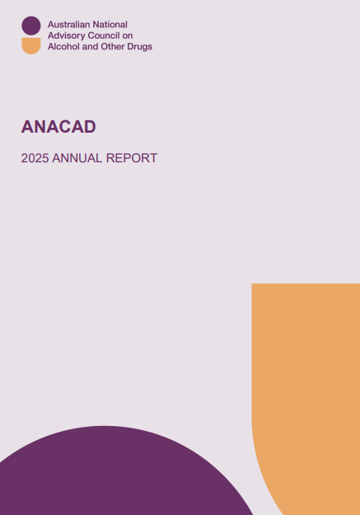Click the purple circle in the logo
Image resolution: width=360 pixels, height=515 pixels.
pos(30,26)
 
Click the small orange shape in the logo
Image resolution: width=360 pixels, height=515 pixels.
pos(30,45)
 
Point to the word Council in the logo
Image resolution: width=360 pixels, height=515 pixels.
pos(105,36)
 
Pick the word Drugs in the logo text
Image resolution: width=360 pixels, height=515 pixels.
pos(138,47)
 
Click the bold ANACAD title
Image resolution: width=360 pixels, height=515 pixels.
pos(58,127)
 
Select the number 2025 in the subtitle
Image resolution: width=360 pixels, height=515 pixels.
pos(35,158)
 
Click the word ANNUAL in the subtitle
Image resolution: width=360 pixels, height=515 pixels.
pos(77,158)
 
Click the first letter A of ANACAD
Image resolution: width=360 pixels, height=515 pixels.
pos(27,127)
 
